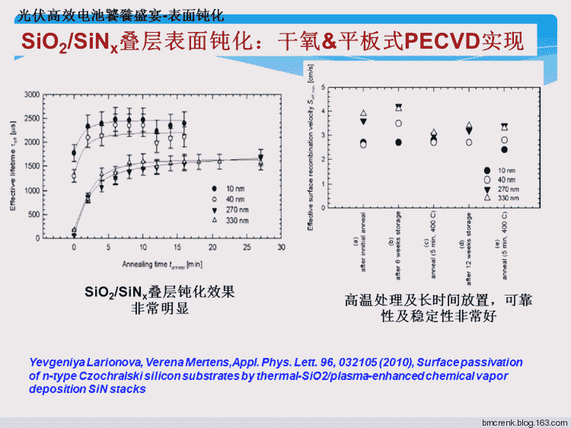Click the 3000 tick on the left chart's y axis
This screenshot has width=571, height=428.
pos(31,94)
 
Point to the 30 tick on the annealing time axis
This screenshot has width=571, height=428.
pos(281,248)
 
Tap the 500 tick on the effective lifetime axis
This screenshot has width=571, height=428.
pos(33,214)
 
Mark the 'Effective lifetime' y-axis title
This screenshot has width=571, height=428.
pos(12,166)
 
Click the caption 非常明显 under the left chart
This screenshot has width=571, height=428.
pos(160,308)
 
